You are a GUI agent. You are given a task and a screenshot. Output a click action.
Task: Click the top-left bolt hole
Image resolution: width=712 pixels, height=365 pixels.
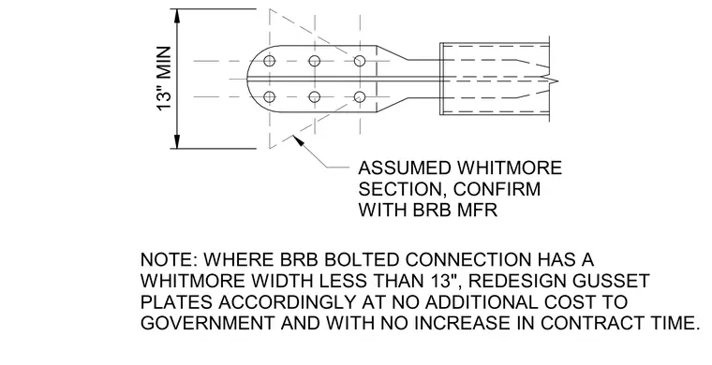tap(269, 61)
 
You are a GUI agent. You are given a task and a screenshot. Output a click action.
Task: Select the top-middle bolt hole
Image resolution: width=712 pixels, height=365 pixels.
tap(314, 61)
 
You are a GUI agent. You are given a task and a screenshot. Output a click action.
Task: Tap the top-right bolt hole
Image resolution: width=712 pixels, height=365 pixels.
tap(360, 61)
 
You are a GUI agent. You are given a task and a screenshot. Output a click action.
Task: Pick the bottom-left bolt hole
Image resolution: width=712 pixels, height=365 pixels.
tap(269, 97)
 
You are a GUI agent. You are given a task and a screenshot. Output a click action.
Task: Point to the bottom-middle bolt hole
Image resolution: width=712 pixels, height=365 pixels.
tap(314, 97)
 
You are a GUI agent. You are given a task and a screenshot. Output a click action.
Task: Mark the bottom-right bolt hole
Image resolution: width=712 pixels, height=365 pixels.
tap(360, 97)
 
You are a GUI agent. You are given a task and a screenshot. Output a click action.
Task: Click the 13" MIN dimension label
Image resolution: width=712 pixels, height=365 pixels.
tap(164, 78)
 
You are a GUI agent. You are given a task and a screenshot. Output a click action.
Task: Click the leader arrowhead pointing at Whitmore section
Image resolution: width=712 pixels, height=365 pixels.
tap(299, 140)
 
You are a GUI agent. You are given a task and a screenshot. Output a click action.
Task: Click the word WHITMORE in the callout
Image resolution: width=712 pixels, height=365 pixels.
tap(509, 168)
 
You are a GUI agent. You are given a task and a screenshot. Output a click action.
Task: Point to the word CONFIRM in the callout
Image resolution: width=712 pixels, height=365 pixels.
tap(497, 189)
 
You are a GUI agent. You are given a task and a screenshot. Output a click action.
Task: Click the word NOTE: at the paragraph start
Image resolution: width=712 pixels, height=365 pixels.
tap(169, 260)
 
